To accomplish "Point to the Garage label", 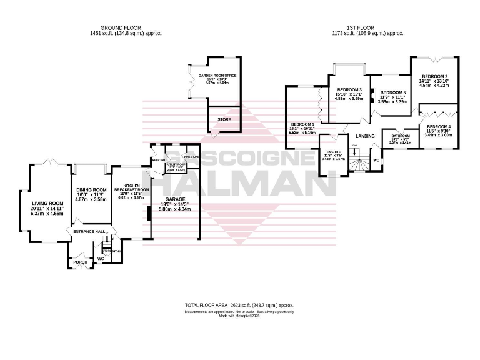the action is click(x=175, y=199).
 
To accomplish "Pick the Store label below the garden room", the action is click(x=224, y=119).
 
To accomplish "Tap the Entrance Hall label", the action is click(x=87, y=232).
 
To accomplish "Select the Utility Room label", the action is click(x=174, y=167).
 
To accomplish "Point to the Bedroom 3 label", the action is click(x=349, y=90).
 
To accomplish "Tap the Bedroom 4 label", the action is click(x=437, y=127).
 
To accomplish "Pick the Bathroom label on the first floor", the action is click(x=400, y=136).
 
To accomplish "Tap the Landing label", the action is click(x=365, y=136).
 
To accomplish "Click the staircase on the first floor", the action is click(x=359, y=164).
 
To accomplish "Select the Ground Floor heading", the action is click(x=121, y=27).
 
